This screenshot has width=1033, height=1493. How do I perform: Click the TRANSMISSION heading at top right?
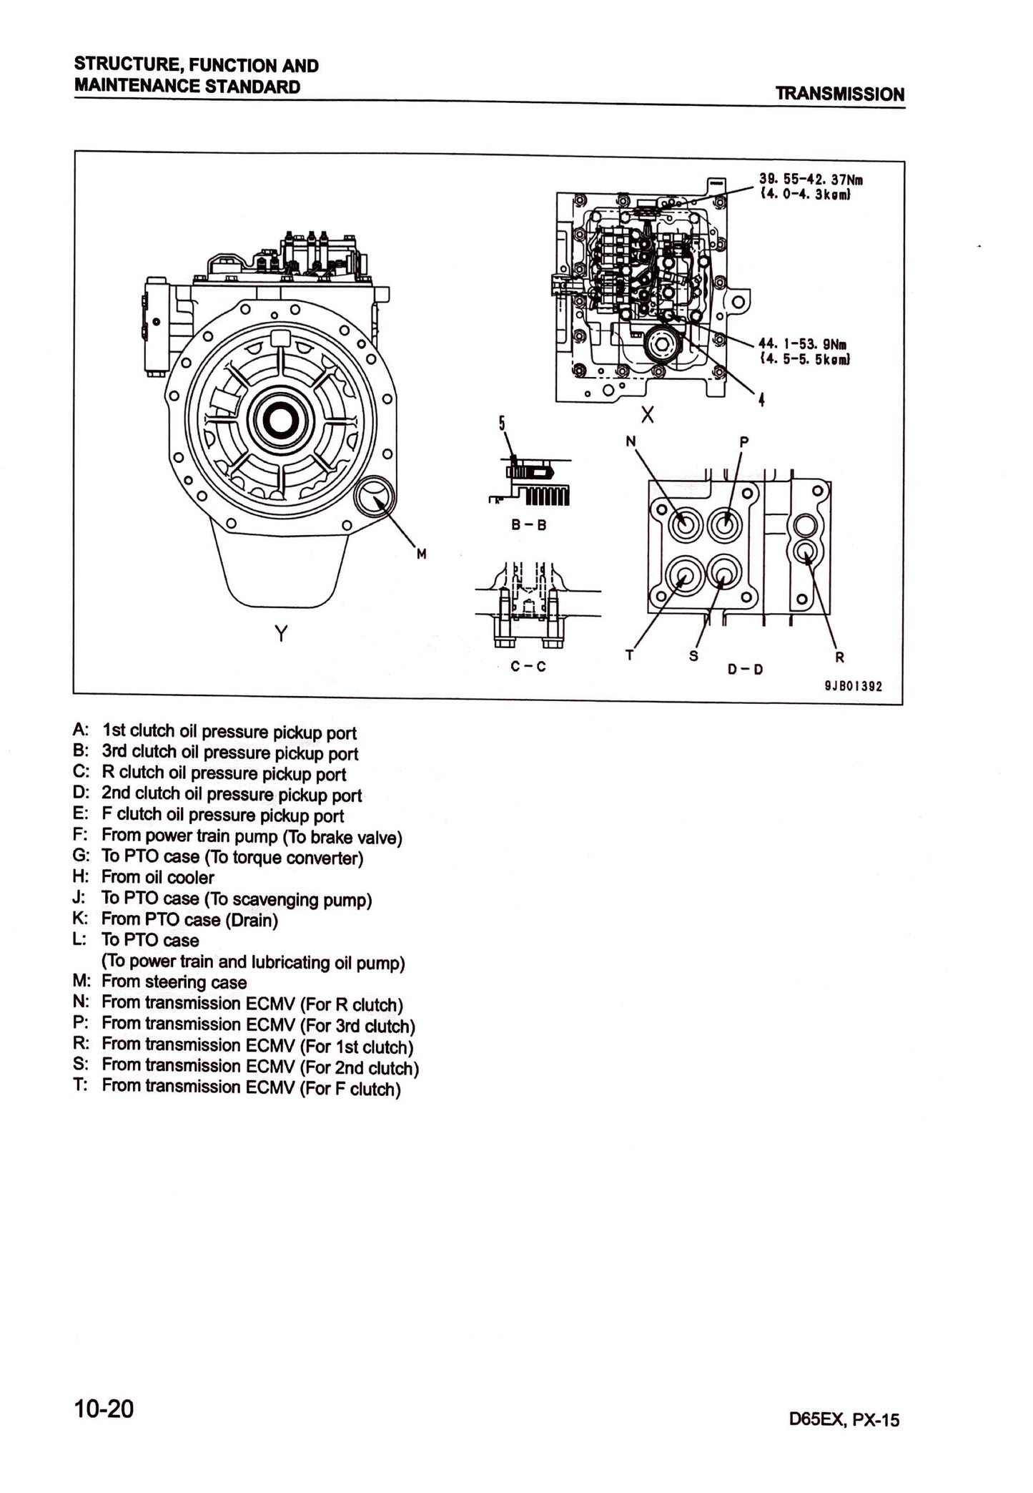coord(839,94)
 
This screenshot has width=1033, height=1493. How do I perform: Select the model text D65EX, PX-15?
coord(844,1419)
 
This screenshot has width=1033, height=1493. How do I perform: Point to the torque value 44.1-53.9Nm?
coord(803,344)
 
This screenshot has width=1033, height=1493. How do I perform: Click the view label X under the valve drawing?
coord(647,415)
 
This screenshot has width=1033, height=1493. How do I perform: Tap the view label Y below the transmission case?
coord(281,633)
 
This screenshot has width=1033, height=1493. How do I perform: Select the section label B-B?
coord(528,524)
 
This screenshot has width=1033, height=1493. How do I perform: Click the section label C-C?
coord(528,666)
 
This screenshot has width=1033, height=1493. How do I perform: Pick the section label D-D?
coord(745,669)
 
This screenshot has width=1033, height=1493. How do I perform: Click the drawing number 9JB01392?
coord(853,686)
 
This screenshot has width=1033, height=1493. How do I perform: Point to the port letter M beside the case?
coord(421,554)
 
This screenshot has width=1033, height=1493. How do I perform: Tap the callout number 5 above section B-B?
coord(502,424)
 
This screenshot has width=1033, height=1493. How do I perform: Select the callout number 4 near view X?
coord(761,399)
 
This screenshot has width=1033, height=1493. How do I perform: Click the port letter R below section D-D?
coord(839,657)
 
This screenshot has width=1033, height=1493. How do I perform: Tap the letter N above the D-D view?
coord(631,441)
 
